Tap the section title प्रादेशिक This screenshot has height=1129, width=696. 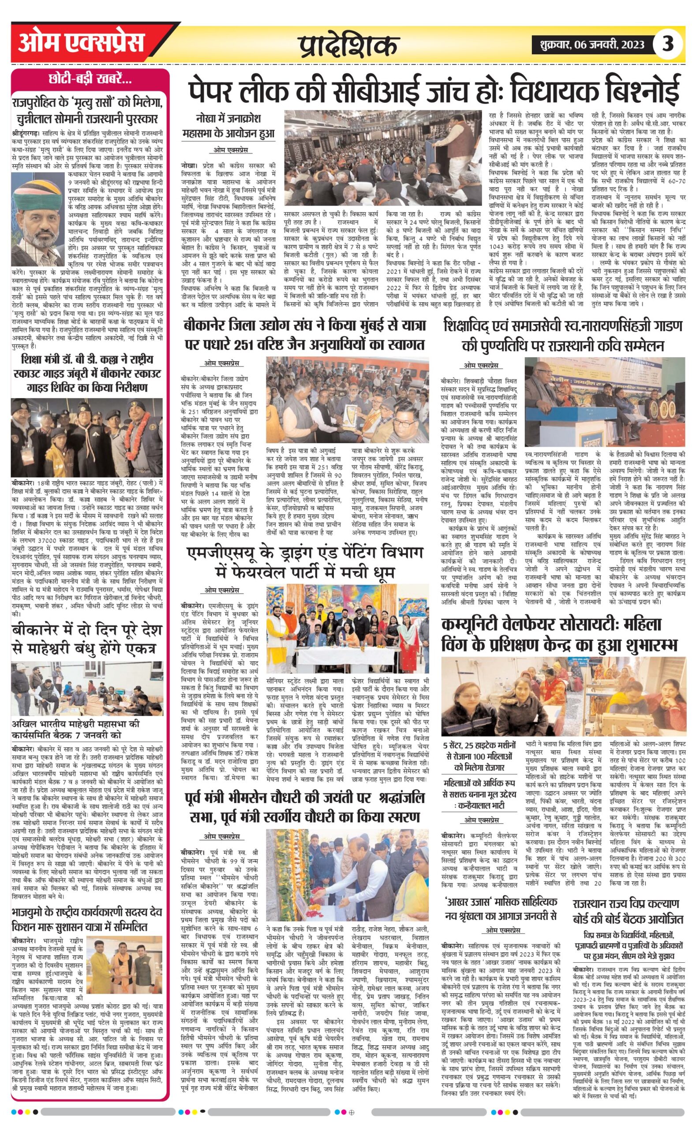tap(348, 46)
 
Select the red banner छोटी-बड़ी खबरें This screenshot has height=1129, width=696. tap(90, 79)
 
